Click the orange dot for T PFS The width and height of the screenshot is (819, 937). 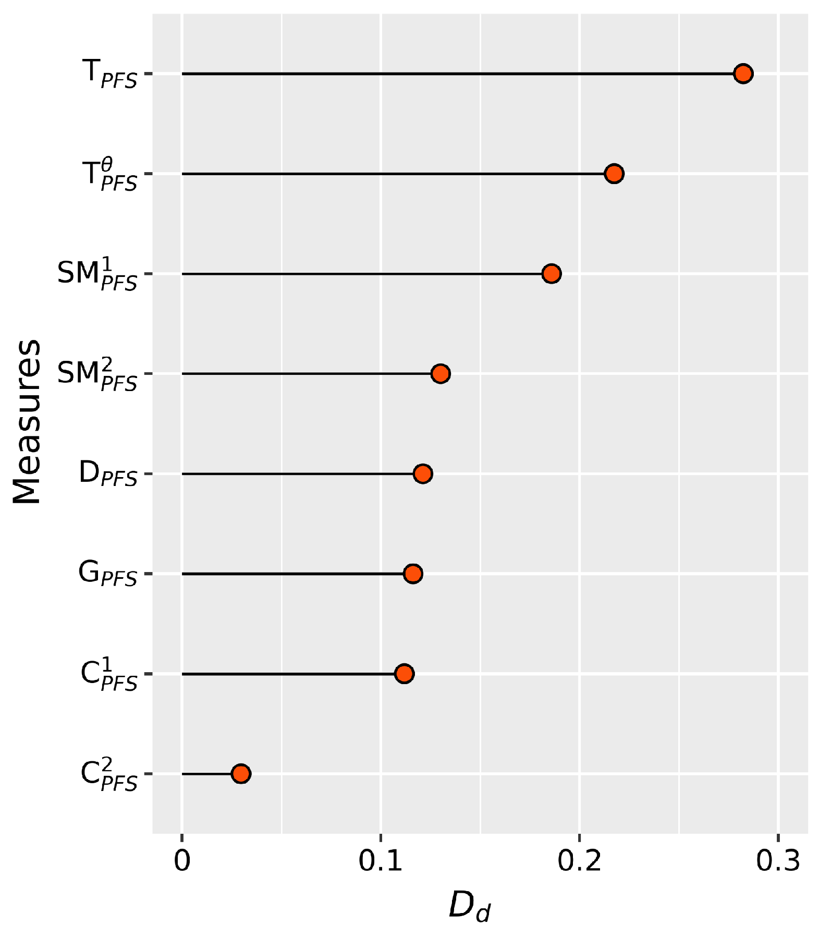pos(742,74)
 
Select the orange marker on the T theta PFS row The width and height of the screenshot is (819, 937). pos(614,174)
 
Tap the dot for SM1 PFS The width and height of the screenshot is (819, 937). pos(551,274)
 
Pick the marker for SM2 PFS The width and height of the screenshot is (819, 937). pos(441,374)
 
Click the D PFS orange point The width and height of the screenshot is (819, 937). pos(422,474)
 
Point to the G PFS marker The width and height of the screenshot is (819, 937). pos(413,574)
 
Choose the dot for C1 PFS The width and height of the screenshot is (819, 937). pos(404,674)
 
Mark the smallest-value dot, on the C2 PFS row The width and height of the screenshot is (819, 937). pos(240,774)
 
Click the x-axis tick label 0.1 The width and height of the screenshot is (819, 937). pos(381,861)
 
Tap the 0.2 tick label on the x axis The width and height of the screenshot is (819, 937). pos(579,861)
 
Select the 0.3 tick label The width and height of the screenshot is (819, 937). pos(778,861)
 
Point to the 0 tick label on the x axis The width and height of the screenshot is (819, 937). pos(182,861)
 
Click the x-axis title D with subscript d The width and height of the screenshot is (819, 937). pos(469,906)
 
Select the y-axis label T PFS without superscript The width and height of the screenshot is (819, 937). pos(109,74)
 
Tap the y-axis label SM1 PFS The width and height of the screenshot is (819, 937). pos(97,275)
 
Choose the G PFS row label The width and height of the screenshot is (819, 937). pos(107,574)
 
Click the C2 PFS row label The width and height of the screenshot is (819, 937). pos(108,775)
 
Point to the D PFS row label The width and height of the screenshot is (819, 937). pos(107,474)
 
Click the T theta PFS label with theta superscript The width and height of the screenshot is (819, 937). pos(109,175)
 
